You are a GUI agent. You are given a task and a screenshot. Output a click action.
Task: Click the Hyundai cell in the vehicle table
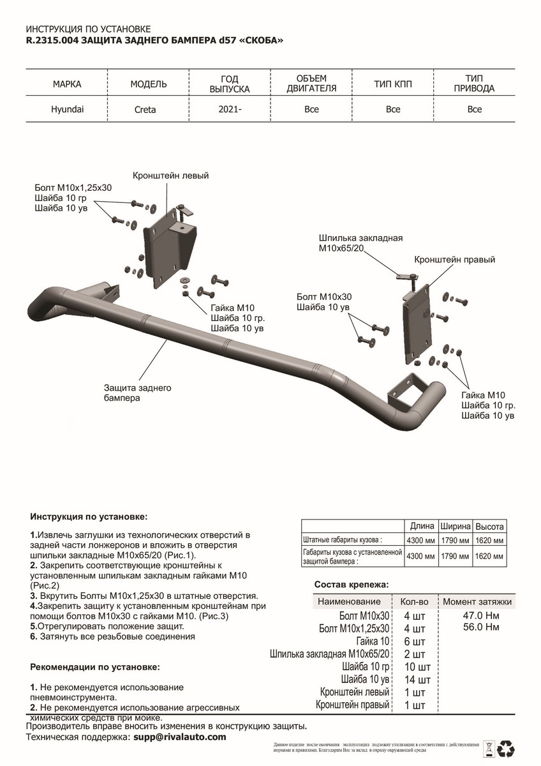[x=67, y=109]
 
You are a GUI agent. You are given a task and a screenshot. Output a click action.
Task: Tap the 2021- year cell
[x=230, y=109]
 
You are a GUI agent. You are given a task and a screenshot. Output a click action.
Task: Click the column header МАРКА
[x=67, y=84]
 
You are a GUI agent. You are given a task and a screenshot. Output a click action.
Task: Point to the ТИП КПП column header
[x=393, y=84]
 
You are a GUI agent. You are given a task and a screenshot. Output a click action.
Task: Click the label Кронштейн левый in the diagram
[x=171, y=176]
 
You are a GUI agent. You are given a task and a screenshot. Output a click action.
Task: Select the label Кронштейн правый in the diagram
[x=454, y=260]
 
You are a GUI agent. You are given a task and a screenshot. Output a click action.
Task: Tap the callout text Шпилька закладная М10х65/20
[x=360, y=243]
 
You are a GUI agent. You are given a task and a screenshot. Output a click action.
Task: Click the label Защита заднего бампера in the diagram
[x=137, y=393]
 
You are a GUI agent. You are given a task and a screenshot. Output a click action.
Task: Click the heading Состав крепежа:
[x=352, y=585]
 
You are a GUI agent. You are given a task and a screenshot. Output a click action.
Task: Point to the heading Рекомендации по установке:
[x=96, y=667]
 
